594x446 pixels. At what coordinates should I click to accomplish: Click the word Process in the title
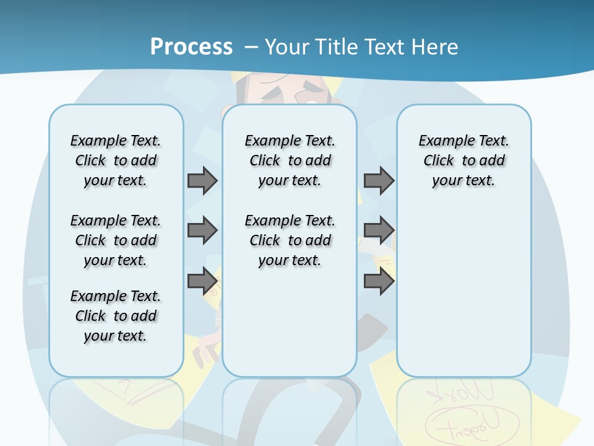tap(191, 47)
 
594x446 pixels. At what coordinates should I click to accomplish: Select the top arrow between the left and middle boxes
tap(202, 180)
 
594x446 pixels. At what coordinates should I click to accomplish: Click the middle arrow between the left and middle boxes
tap(202, 230)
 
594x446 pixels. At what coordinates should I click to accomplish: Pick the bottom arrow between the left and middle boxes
tap(202, 281)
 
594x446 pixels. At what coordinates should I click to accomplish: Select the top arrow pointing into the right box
tap(379, 180)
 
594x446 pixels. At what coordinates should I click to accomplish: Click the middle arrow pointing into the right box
tap(379, 230)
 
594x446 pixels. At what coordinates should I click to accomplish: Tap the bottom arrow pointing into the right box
tap(379, 281)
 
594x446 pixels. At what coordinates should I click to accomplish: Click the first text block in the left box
tap(116, 160)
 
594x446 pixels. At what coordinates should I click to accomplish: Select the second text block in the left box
tap(116, 240)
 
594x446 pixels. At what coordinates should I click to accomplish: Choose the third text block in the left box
tap(116, 316)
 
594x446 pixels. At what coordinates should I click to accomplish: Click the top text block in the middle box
tap(290, 160)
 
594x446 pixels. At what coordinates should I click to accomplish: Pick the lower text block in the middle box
tap(290, 240)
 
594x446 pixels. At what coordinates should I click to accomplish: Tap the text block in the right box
tap(464, 160)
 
